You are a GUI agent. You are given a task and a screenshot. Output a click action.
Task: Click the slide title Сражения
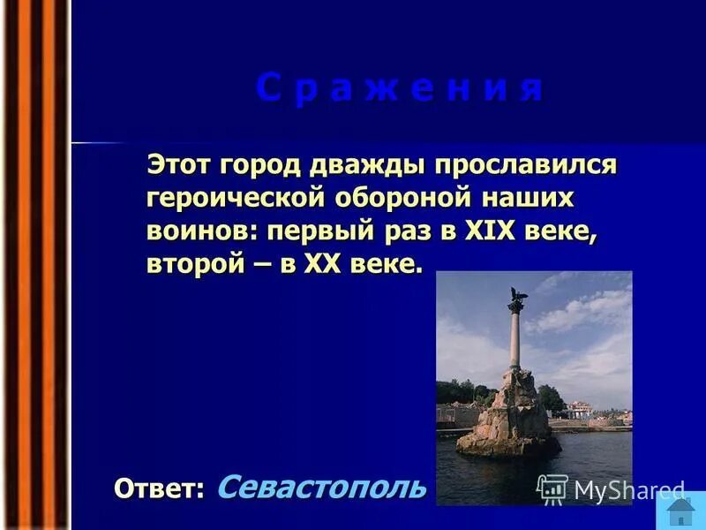(x=399, y=90)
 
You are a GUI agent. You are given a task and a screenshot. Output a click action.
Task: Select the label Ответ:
(x=159, y=488)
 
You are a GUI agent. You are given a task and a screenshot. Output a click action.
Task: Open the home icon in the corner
(x=680, y=511)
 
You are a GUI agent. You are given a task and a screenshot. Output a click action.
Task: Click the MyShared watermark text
(x=628, y=490)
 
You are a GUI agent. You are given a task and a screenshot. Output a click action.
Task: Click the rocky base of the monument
(x=510, y=415)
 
